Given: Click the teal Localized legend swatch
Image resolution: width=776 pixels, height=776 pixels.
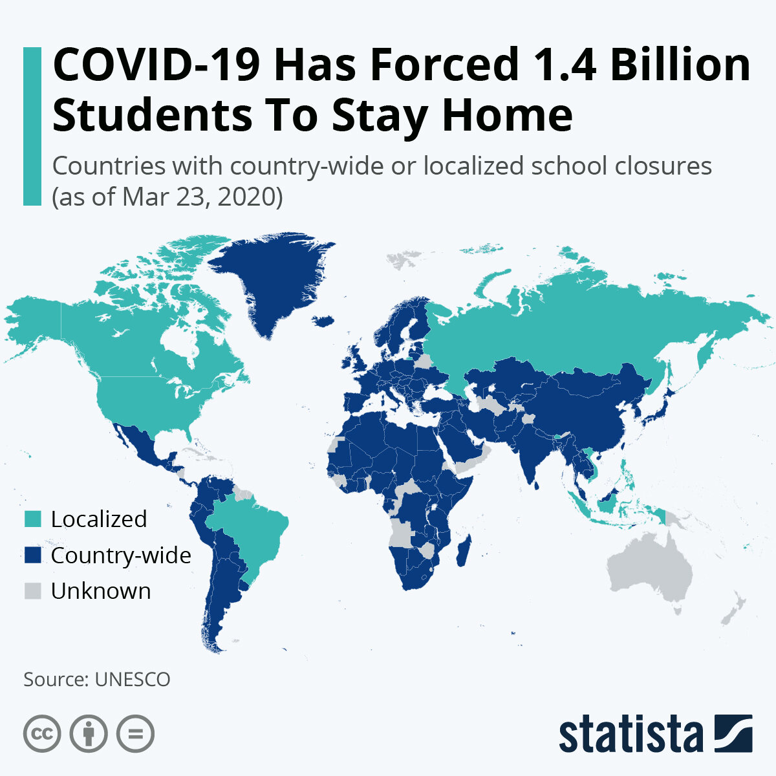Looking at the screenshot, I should (33, 519).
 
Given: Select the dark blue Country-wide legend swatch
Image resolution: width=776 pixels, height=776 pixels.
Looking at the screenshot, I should (33, 555).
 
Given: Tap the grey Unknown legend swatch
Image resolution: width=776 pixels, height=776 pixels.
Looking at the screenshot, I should (33, 590).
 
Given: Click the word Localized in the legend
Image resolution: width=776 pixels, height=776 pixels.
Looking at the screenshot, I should (99, 519).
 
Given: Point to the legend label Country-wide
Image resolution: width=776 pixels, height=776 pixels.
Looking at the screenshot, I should (121, 555).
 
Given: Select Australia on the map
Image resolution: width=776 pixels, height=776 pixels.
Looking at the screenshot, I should (650, 569).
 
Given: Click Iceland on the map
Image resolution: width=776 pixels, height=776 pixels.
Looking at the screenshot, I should (323, 320).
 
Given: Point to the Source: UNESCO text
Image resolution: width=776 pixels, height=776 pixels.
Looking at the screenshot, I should (97, 679).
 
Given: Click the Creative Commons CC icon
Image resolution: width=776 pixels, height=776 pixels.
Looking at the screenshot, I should (42, 733).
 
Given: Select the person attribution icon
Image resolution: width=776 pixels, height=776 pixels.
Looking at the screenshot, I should (89, 733).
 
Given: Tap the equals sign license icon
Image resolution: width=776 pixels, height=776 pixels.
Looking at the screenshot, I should (135, 733).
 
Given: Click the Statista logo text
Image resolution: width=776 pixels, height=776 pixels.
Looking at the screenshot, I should (630, 735).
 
